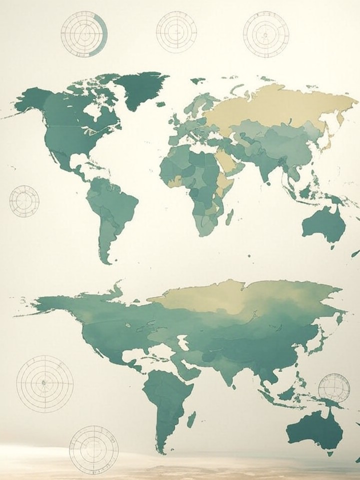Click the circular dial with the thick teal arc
[x=84, y=33]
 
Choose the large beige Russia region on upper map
[x=280, y=107]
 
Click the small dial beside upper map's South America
[x=24, y=200]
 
